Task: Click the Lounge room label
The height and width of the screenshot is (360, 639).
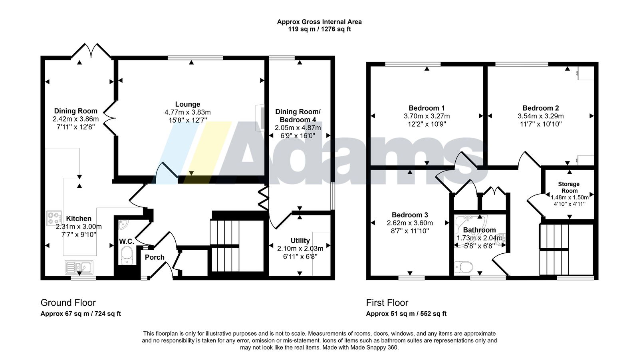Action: pos(187,104)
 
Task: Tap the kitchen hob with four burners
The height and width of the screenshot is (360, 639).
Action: pos(54,218)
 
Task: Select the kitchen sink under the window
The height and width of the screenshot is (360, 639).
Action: pos(79,267)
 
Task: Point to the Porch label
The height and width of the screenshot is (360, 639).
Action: pos(155,257)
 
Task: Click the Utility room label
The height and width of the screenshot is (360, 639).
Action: pos(300,241)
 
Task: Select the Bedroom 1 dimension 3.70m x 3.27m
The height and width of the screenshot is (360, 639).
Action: pos(427,116)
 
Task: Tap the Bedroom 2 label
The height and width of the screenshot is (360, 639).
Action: pos(540,108)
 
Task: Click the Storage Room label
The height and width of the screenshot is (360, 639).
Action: pos(569,187)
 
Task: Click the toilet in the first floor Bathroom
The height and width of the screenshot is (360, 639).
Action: pos(464,267)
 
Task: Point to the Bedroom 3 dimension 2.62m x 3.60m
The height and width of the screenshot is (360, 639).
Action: pos(410,223)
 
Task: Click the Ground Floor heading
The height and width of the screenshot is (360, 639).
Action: pos(68,303)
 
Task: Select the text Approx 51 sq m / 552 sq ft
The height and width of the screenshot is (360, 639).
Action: pos(406,314)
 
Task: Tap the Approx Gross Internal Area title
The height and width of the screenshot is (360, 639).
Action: pos(319,22)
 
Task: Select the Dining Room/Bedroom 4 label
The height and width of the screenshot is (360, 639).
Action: pos(298,116)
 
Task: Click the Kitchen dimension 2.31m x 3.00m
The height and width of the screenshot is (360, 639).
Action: pos(79,227)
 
